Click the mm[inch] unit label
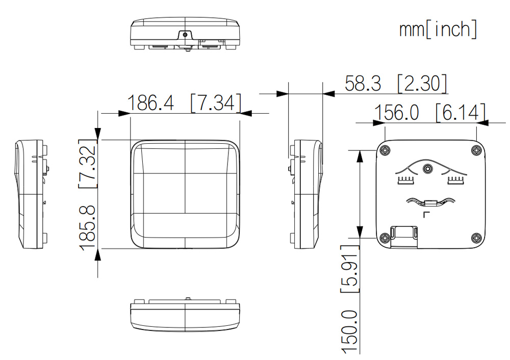pyautogui.click(x=438, y=29)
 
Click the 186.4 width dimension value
pyautogui.click(x=150, y=103)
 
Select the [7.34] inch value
pyautogui.click(x=216, y=103)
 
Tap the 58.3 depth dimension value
pyautogui.click(x=363, y=83)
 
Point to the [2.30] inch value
pyautogui.click(x=422, y=83)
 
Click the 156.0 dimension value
pyautogui.click(x=396, y=113)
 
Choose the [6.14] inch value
pyautogui.click(x=461, y=113)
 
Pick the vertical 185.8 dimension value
pyautogui.click(x=88, y=228)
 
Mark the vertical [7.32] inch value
pyautogui.click(x=88, y=164)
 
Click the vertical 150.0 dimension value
pyautogui.click(x=350, y=331)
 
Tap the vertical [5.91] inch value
pyautogui.click(x=350, y=269)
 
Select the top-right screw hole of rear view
pyautogui.click(x=476, y=150)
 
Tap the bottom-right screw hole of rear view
pyautogui.click(x=476, y=238)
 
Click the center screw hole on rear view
pyautogui.click(x=427, y=168)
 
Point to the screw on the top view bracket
pyautogui.click(x=185, y=35)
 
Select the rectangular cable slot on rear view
pyautogui.click(x=404, y=237)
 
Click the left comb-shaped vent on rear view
pyautogui.click(x=405, y=181)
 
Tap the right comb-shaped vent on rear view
pyautogui.click(x=456, y=181)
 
